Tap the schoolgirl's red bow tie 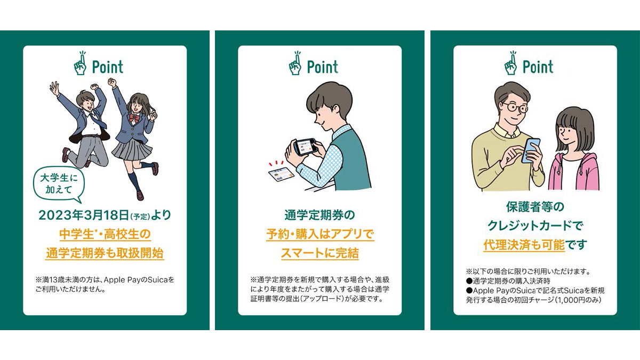[134, 118]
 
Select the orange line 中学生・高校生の [105, 234]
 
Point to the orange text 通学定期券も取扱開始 [105, 253]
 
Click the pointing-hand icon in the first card [81, 63]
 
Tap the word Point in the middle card [323, 67]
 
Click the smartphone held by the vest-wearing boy [306, 147]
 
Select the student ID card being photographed [282, 174]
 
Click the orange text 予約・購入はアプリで [320, 234]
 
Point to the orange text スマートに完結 [320, 253]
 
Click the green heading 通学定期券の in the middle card [319, 215]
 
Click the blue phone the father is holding [531, 150]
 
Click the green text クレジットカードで [535, 226]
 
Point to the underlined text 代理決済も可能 [524, 245]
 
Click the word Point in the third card [538, 67]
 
